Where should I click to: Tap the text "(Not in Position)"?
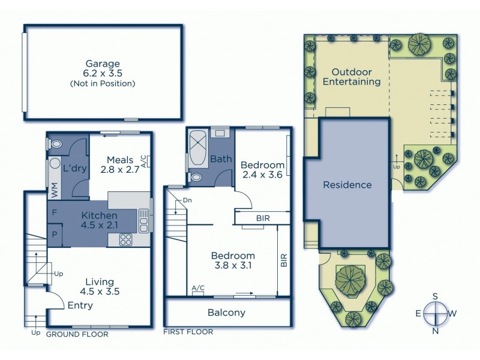click(x=103, y=83)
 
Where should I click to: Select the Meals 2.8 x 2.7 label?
click(x=119, y=164)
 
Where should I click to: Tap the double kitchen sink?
click(x=144, y=220)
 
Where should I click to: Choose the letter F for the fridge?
click(x=55, y=212)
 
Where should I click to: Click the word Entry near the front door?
click(x=80, y=305)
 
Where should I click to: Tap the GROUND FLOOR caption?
click(x=77, y=334)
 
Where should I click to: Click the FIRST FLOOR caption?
click(x=188, y=331)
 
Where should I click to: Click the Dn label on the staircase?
click(x=187, y=200)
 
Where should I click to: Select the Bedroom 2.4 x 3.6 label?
click(x=262, y=170)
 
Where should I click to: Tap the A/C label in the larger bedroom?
click(x=197, y=288)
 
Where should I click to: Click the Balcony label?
click(x=226, y=313)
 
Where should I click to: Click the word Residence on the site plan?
click(x=347, y=185)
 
